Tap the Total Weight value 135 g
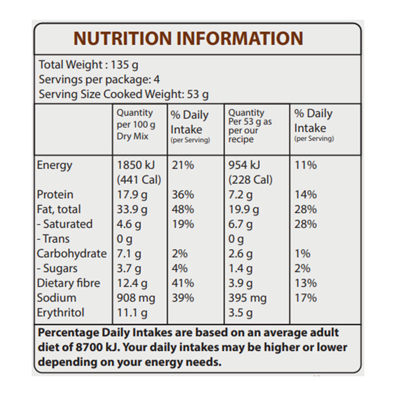coord(124,65)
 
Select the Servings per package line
coord(99,80)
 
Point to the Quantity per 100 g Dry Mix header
coord(136,124)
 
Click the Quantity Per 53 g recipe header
coord(250,126)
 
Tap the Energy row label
coord(54,165)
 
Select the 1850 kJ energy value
coord(136,165)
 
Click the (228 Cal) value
coord(250,180)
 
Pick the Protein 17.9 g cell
coord(132,195)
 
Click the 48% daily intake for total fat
coord(183,210)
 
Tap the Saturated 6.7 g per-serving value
coord(240,224)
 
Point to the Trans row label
coord(53,239)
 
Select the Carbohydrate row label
coord(72,254)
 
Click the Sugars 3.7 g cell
coord(129,269)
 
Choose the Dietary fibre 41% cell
coord(183,283)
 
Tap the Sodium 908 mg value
coord(136,298)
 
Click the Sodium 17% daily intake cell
coord(306,298)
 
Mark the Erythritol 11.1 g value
coord(132,313)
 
